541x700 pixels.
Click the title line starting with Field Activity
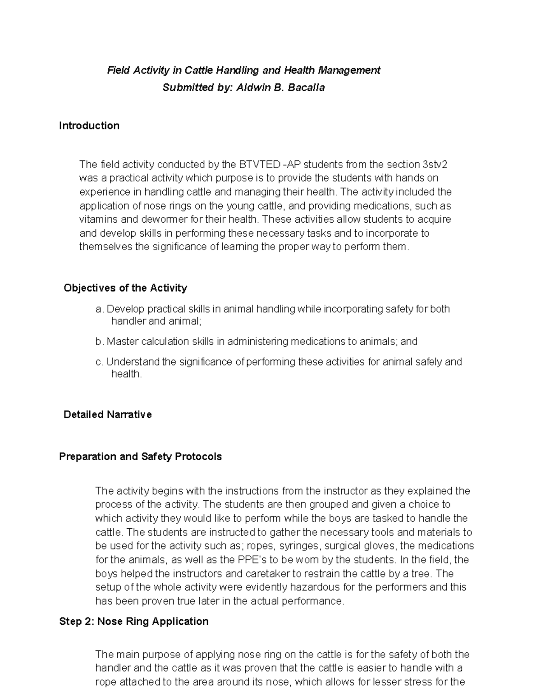pos(243,70)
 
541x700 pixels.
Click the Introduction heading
pos(89,126)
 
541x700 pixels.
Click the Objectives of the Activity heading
pos(125,288)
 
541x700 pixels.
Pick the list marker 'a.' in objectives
pos(100,309)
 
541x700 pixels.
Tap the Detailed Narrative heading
pos(107,415)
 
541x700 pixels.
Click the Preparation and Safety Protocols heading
pos(140,457)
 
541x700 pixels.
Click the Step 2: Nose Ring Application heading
pos(133,622)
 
